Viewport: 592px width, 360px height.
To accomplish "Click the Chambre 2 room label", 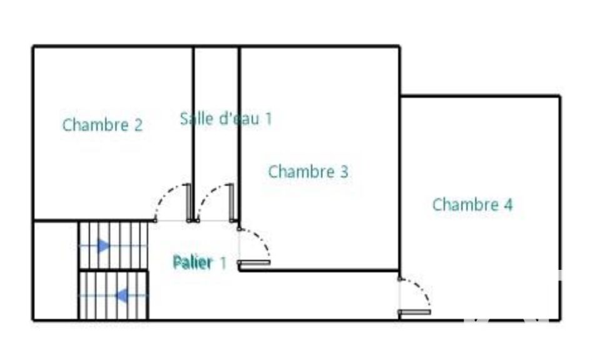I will (103, 125).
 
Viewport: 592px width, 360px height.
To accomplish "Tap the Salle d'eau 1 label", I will (226, 118).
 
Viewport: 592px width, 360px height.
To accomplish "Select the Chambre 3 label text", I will (308, 172).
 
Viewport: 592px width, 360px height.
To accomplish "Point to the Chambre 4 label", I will (472, 205).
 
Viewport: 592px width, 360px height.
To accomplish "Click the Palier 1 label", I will (200, 263).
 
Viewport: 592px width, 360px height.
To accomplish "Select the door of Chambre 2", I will (189, 203).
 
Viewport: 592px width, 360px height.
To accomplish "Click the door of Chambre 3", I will (254, 262).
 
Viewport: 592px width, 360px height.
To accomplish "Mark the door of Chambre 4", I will (414, 312).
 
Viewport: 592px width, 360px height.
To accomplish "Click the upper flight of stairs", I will (113, 245).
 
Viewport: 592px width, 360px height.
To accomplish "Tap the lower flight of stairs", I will (113, 296).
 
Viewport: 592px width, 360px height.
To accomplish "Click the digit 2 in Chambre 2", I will (138, 125).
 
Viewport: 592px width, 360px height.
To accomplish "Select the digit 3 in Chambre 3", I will (343, 172).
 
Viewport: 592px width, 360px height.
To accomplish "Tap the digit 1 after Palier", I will (223, 263).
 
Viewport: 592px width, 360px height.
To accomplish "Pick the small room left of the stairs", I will (56, 270).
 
